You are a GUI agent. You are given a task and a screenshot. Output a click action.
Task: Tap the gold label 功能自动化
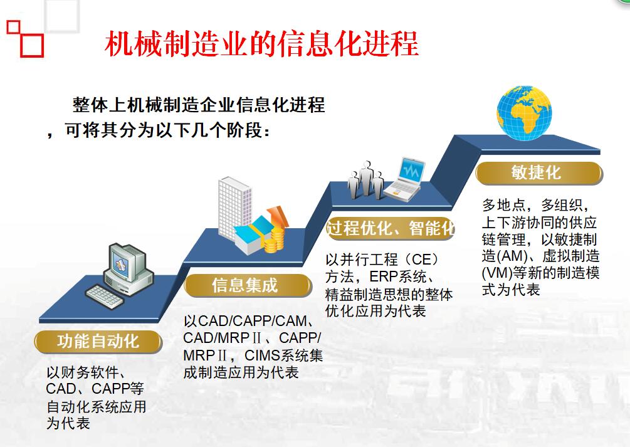[98, 342]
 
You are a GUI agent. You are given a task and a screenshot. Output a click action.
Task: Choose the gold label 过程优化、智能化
[390, 228]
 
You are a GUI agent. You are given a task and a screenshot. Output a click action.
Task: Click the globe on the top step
[524, 113]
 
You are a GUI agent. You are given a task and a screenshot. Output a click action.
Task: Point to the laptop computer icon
[404, 179]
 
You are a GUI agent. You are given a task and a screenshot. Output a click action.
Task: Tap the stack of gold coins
[273, 239]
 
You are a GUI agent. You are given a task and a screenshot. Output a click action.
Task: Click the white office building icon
[234, 209]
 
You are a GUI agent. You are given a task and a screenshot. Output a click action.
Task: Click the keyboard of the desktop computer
[104, 297]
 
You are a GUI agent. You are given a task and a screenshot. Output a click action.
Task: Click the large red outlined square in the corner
[32, 45]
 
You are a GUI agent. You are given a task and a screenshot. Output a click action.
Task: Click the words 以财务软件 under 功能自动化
[82, 372]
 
